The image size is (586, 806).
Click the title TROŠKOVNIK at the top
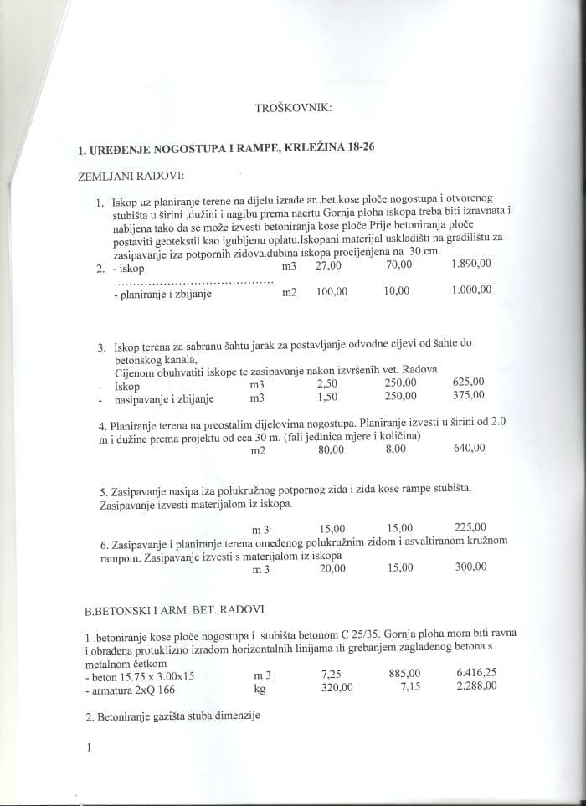(293, 108)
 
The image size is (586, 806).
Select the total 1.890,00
(470, 265)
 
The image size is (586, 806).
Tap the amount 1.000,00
(470, 290)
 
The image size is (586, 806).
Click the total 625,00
(469, 382)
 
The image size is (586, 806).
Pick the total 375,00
(469, 396)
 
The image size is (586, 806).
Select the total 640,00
(470, 449)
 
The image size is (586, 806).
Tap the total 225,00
(470, 528)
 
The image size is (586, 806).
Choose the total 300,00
(470, 567)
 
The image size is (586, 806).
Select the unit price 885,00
(405, 673)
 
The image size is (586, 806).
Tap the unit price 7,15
(409, 686)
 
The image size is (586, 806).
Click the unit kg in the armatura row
(259, 688)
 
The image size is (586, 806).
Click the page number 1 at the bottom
(87, 747)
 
